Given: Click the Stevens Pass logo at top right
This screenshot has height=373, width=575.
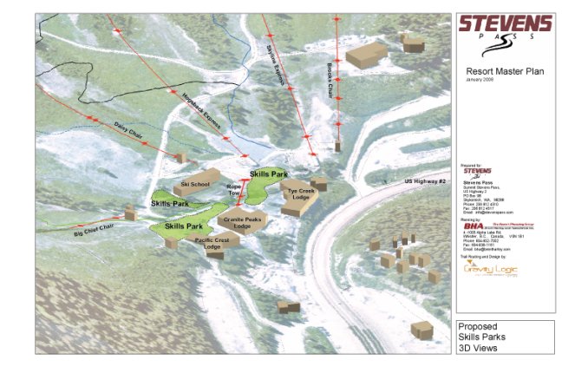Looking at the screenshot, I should tap(505, 31).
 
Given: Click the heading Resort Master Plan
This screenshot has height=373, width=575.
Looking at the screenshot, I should tap(505, 71).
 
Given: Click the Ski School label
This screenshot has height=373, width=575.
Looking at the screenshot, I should tap(195, 184).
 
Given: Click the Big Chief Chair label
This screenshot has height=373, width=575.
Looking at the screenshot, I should tap(94, 230).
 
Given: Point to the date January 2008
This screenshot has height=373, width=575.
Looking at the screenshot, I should tap(479, 80).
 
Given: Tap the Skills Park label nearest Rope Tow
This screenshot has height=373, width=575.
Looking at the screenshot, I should tap(268, 174).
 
